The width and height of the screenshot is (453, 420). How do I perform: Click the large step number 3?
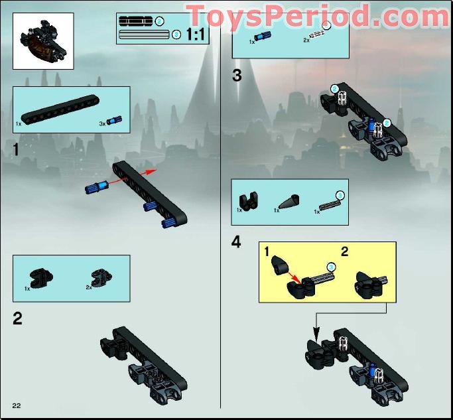[237, 76]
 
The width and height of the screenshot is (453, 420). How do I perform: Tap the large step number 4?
[237, 242]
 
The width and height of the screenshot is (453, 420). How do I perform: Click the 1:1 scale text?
[196, 35]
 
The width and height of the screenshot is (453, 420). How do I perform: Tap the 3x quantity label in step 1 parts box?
[101, 123]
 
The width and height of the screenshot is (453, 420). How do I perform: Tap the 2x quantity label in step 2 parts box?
[88, 287]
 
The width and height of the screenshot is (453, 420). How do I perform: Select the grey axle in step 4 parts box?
[329, 204]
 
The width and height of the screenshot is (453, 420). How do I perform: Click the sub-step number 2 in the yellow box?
[344, 251]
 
